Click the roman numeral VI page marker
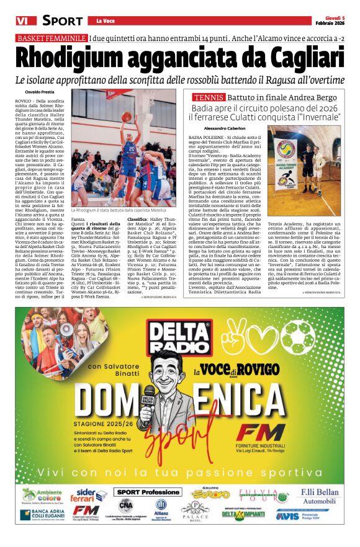click(24, 20)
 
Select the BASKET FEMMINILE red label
click(52, 38)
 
